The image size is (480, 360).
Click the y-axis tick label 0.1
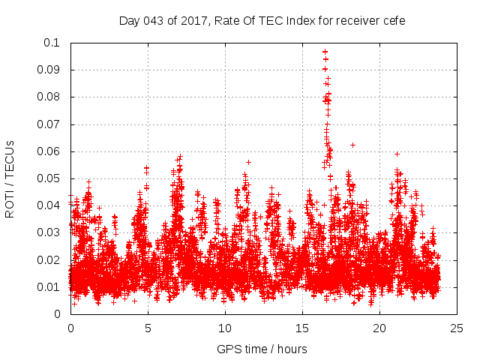[53, 43]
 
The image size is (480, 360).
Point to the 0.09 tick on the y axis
[49, 70]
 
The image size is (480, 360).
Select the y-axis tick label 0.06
[49, 151]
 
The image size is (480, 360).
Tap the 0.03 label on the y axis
[49, 233]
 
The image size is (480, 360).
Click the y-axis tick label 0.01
[49, 287]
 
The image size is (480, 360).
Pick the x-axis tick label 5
[148, 328]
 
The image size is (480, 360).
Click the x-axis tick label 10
[225, 328]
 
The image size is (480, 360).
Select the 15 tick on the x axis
[302, 328]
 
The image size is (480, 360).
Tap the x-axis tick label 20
[379, 328]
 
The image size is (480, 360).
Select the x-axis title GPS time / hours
[262, 349]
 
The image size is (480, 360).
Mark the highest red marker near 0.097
[325, 52]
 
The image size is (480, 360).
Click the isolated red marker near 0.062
[352, 145]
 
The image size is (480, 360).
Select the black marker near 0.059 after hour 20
[397, 154]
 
